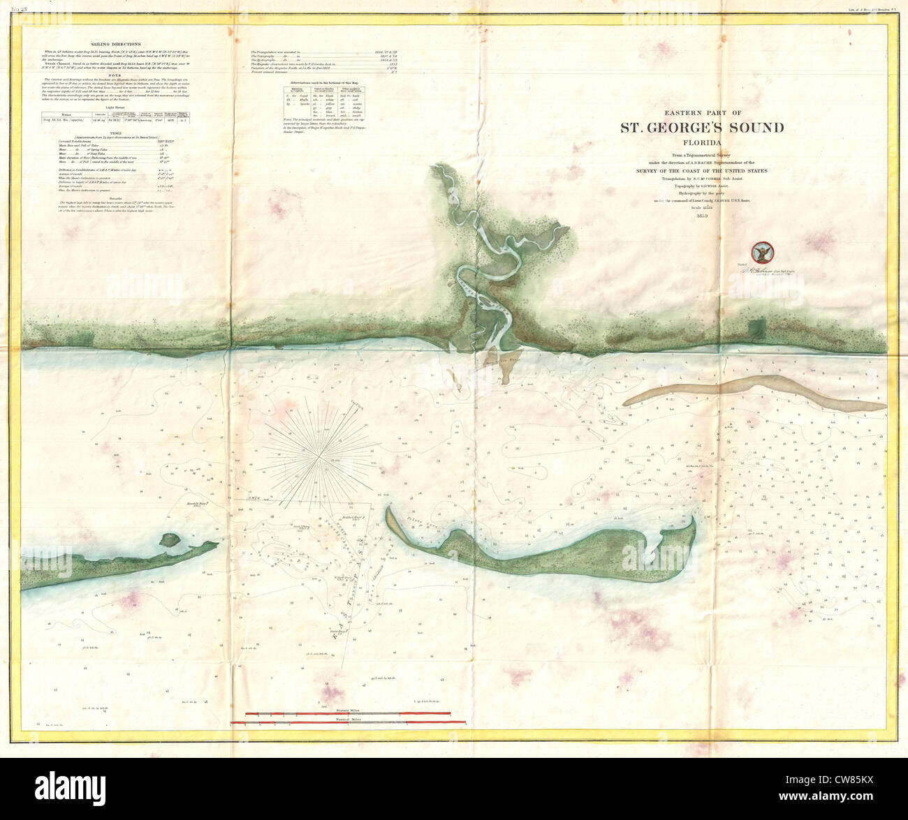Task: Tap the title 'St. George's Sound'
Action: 703,127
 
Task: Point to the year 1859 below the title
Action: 703,215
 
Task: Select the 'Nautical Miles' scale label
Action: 348,718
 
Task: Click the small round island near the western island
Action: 168,539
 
